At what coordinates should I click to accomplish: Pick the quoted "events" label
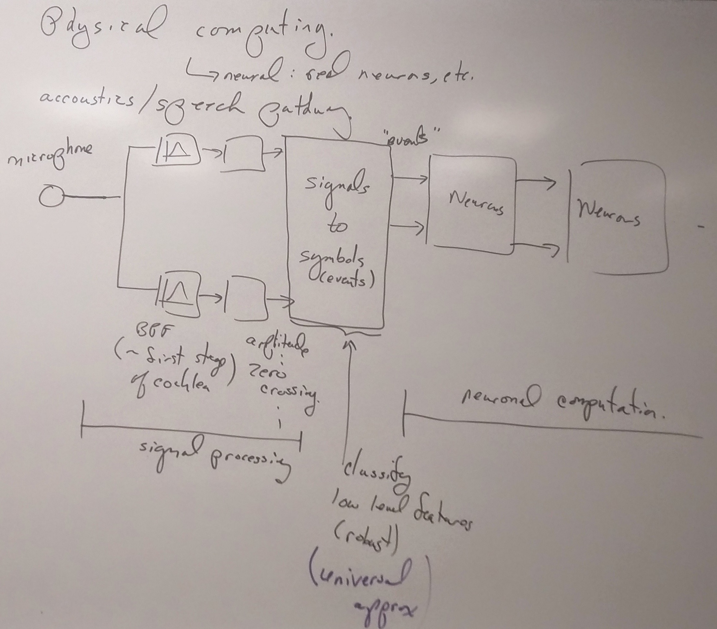[x=412, y=139]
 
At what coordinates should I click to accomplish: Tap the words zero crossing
[x=281, y=386]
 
